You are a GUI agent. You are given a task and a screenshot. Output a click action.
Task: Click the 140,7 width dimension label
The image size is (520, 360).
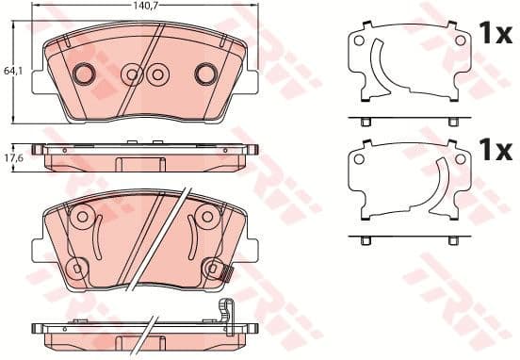pyautogui.click(x=144, y=5)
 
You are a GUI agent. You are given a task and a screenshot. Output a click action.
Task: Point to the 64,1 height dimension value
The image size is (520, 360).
pyautogui.click(x=10, y=70)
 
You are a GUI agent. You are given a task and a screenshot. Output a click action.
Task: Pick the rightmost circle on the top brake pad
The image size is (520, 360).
pyautogui.click(x=204, y=73)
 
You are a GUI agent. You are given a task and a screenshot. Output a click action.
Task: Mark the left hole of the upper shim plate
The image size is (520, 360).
pyautogui.click(x=358, y=40)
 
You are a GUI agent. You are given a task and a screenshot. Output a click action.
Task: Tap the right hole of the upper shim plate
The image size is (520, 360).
pyautogui.click(x=460, y=40)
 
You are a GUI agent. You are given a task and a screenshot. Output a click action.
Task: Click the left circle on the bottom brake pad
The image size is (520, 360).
pyautogui.click(x=81, y=219)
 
